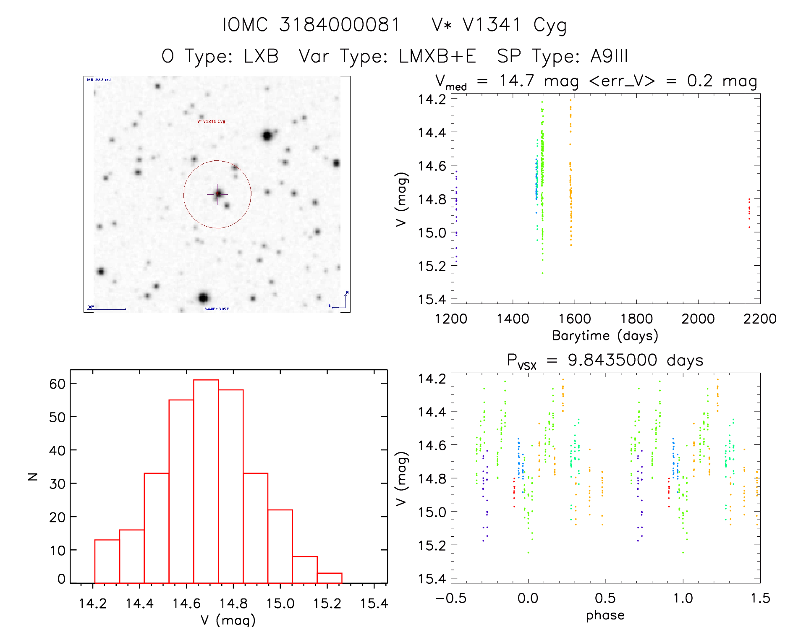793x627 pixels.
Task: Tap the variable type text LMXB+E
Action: pos(437,56)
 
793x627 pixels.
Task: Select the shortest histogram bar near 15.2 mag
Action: pos(329,578)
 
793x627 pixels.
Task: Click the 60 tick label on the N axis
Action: pos(58,384)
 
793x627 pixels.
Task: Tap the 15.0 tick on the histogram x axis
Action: pos(280,603)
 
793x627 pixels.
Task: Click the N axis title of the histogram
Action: pos(33,476)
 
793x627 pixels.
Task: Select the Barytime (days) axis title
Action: pos(605,336)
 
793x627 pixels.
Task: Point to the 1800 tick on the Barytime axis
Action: pos(636,319)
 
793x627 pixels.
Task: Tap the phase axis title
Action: pos(605,615)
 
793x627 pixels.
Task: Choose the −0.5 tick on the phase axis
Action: pos(451,598)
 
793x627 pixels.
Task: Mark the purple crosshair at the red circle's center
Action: pos(217,194)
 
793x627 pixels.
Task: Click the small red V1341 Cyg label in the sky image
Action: pos(211,122)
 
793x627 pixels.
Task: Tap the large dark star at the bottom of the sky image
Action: pos(204,298)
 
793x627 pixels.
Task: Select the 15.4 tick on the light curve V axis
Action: pos(432,299)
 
